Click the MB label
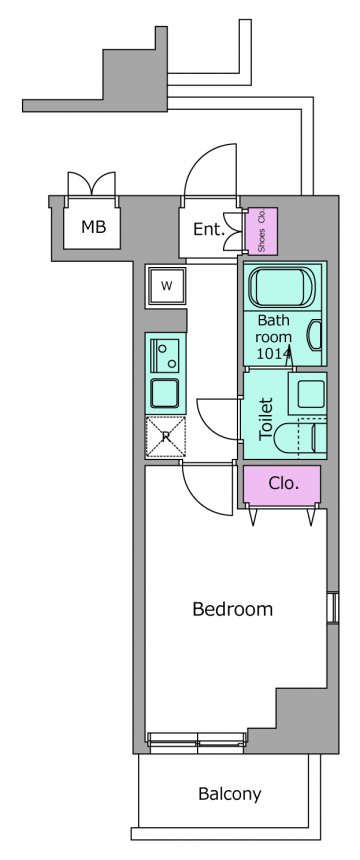coord(93,227)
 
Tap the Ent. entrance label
coord(209,229)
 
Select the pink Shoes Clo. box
coord(261,231)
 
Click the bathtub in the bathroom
coord(280,287)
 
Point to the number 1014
coord(274,354)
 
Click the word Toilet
coord(266,418)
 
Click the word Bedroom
coord(232,609)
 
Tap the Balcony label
coord(230,794)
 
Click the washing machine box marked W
coord(166,285)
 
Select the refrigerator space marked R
coord(165,437)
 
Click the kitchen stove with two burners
coord(166,356)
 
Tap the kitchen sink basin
coord(166,393)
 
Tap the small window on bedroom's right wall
coord(332,607)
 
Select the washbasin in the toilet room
coord(307,393)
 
